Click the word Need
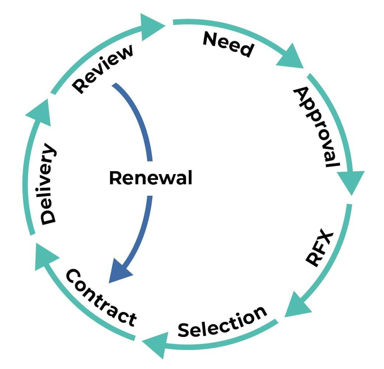pos(228,44)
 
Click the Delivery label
pos(48,184)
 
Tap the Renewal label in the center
pos(150,178)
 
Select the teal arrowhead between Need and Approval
pos(291,58)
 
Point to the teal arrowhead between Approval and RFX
pos(351,181)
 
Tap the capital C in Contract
pos(73,276)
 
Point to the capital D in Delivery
pos(48,217)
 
